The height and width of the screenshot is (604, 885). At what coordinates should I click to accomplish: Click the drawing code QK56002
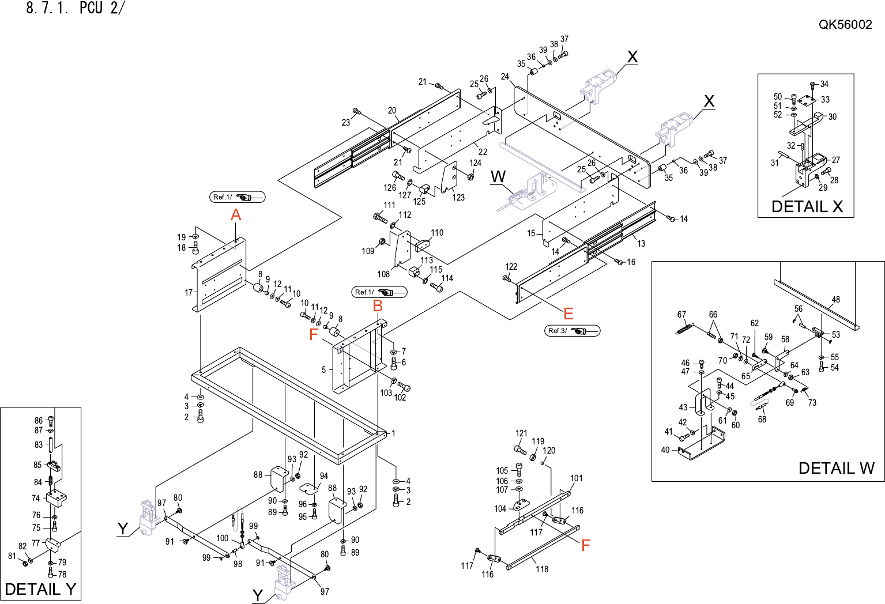coord(845,24)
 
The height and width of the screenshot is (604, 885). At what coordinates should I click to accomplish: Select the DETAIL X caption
coord(807,206)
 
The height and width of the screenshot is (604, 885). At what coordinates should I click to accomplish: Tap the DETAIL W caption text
coord(837,468)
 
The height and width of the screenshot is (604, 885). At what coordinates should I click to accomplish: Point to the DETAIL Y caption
coord(40,589)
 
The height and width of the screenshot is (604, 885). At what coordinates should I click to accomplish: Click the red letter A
coord(236,215)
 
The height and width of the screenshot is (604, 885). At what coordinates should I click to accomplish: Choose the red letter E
coord(568,314)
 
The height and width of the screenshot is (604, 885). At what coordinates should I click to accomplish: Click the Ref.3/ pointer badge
coord(572,331)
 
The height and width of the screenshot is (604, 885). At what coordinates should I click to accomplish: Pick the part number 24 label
coord(505,77)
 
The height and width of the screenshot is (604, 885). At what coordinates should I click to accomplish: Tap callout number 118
coord(542,569)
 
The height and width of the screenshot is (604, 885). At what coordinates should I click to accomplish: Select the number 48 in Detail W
coord(835,300)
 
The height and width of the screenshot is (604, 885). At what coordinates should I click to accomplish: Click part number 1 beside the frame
coord(394,433)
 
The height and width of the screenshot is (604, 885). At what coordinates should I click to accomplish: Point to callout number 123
coord(458,198)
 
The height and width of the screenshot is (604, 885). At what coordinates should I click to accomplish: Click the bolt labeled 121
coord(520,450)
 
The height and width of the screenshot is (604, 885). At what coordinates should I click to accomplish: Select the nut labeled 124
coord(470,176)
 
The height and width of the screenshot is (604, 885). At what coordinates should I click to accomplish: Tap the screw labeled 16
coord(619,262)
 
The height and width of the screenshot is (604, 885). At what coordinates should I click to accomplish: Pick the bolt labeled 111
coord(380,217)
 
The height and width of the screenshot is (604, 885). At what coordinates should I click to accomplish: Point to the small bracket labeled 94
coord(309,489)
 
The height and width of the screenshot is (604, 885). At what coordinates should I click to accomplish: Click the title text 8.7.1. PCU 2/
coord(75,8)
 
